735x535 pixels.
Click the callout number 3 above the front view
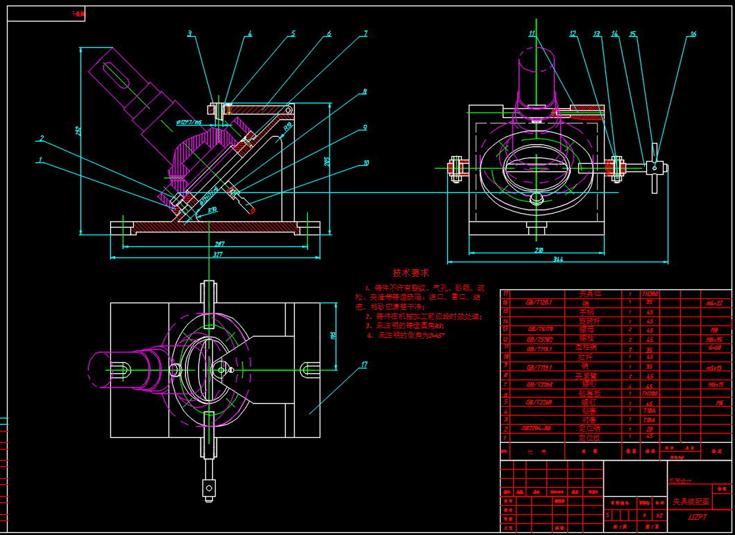[x=189, y=33]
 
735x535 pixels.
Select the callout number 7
[x=365, y=33]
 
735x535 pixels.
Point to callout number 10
[x=366, y=164]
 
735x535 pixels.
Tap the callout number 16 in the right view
[x=693, y=33]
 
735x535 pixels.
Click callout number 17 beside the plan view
[x=363, y=364]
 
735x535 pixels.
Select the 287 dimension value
[x=219, y=244]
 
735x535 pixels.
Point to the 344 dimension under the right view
[x=558, y=260]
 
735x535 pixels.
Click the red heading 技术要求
[x=411, y=273]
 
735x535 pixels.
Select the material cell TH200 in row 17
[x=650, y=294]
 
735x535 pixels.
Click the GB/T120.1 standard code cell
[x=539, y=303]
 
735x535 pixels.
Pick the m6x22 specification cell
[x=714, y=303]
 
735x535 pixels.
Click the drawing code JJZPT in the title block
[x=697, y=516]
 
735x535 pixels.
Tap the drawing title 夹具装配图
[x=691, y=501]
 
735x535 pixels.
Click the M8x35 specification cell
[x=714, y=339]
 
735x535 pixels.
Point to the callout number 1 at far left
[x=40, y=159]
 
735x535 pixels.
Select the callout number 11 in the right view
[x=532, y=33]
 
